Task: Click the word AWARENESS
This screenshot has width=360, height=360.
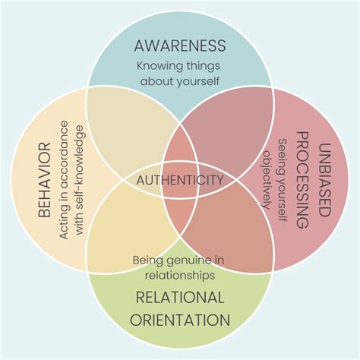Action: [179, 45]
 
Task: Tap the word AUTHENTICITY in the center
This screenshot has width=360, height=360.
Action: [179, 180]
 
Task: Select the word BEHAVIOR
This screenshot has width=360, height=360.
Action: [44, 179]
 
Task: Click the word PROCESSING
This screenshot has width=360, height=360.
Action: [302, 180]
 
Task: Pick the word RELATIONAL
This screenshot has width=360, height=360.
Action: [179, 297]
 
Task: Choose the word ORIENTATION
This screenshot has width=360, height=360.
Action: [179, 319]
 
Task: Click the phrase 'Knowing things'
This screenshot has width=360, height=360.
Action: [179, 65]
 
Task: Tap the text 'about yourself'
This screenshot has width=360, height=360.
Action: [179, 81]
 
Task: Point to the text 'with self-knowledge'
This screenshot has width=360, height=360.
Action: [81, 180]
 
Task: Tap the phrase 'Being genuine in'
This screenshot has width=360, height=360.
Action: [179, 261]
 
